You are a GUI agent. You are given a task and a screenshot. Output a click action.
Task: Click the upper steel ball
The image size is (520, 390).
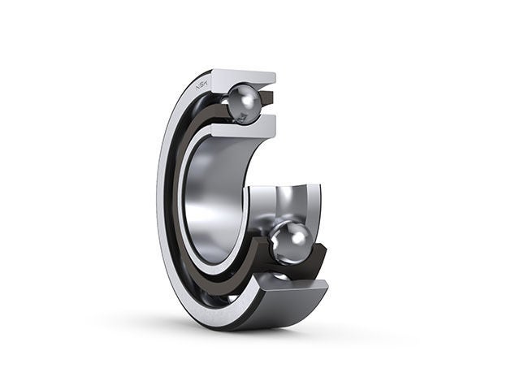244,103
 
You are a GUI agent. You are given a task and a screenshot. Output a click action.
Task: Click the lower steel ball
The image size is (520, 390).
291,241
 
